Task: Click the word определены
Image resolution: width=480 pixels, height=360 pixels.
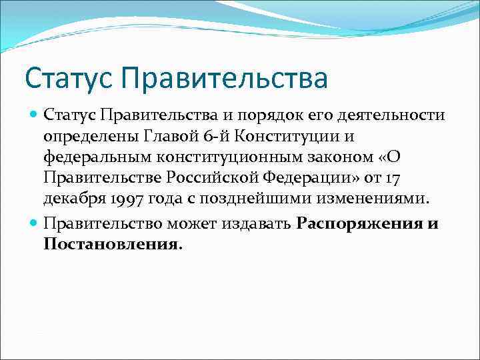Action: (x=86, y=137)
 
